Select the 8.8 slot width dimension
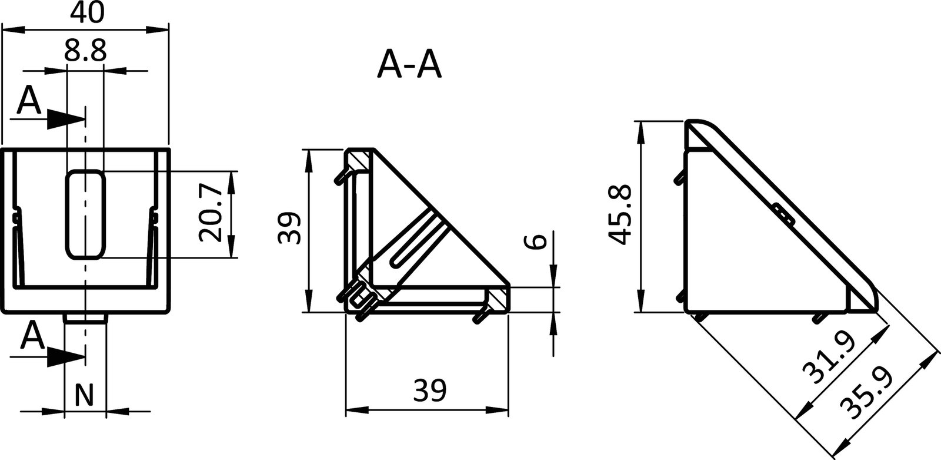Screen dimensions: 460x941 pos(85,52)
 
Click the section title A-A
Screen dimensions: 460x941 pos(409,65)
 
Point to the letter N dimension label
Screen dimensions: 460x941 pos(85,395)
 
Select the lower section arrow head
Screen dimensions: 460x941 pos(66,356)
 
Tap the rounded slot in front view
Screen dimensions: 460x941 pos(86,214)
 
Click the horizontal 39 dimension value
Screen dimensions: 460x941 pos(429,389)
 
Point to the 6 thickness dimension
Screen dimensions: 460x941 pos(536,241)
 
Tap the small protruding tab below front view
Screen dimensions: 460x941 pos(85,318)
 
